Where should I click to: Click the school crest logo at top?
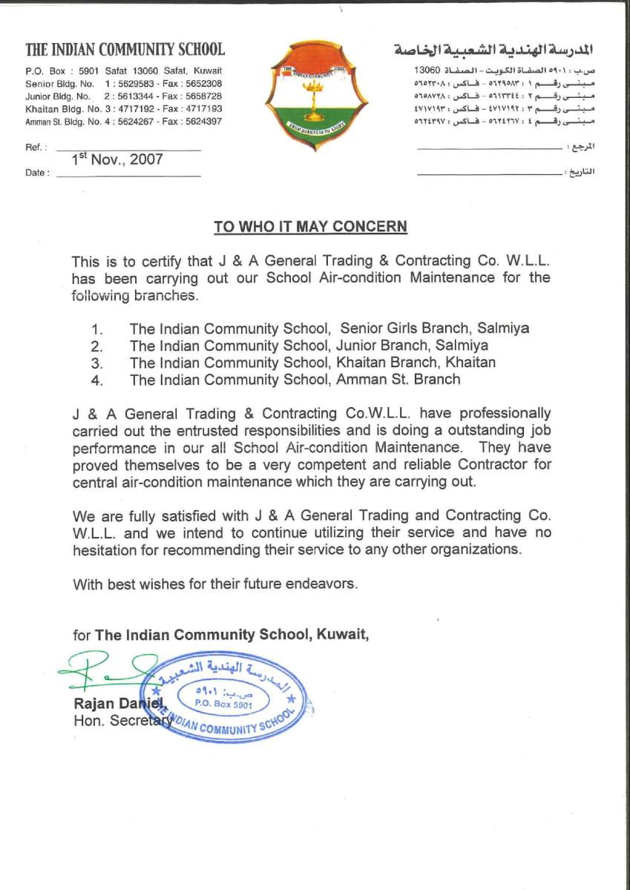[x=316, y=95]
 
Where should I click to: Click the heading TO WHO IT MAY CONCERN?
[x=310, y=226]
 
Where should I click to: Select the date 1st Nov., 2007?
[x=117, y=159]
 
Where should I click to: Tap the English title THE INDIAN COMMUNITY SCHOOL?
[x=125, y=50]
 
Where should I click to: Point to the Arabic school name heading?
[x=495, y=50]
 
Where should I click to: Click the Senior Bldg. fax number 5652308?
[x=201, y=84]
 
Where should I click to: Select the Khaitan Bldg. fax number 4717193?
[x=201, y=108]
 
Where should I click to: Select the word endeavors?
[x=321, y=584]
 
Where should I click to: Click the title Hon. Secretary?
[x=123, y=719]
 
